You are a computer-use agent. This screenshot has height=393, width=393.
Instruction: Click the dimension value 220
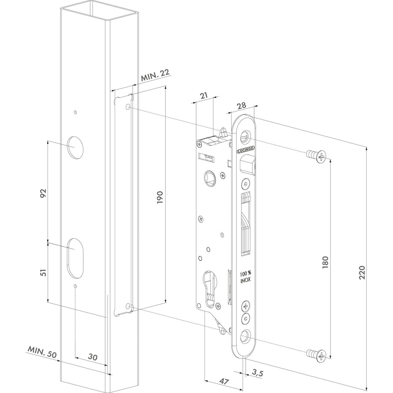click(362, 273)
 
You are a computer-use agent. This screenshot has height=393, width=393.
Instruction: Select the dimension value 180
click(325, 263)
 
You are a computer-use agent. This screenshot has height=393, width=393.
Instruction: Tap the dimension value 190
click(160, 197)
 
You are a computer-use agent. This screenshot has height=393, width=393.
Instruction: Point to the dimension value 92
click(43, 193)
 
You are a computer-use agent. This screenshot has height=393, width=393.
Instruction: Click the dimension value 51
click(43, 272)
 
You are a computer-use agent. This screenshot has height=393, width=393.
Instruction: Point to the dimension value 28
click(241, 105)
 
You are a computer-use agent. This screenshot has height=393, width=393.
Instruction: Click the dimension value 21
click(204, 95)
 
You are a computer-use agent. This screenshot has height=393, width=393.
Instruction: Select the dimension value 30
click(93, 357)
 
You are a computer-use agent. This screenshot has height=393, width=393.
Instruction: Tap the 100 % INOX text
click(246, 276)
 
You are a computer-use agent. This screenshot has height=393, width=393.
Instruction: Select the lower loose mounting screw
click(317, 355)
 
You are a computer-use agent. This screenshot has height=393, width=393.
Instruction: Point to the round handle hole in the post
click(75, 147)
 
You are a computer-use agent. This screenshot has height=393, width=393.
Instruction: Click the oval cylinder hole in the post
click(75, 258)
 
